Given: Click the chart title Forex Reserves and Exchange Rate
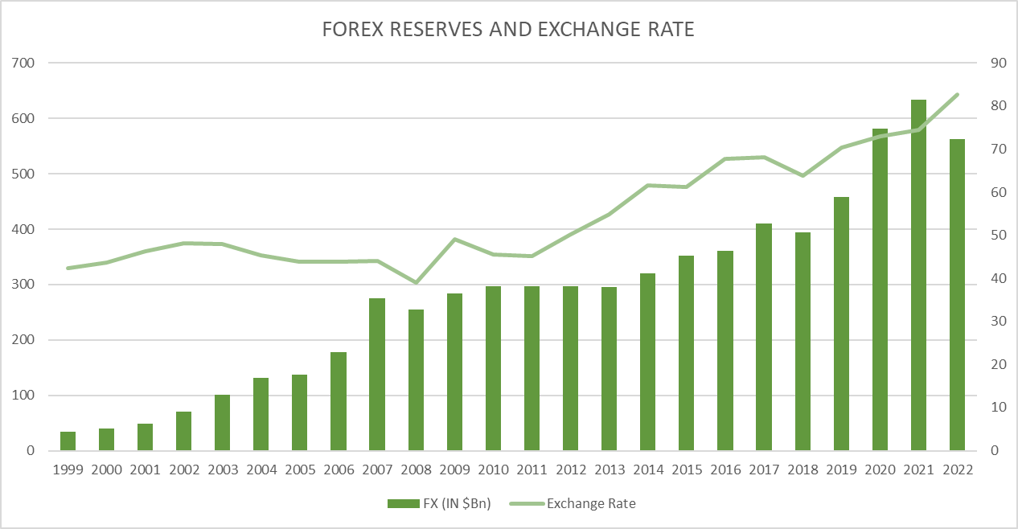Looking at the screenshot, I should pyautogui.click(x=508, y=30).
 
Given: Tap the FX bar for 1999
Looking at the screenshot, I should pyautogui.click(x=68, y=441).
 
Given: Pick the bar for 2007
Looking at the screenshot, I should pyautogui.click(x=377, y=375).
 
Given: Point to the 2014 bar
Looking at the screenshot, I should pyautogui.click(x=647, y=362).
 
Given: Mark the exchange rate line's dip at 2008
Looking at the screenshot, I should pyautogui.click(x=416, y=282).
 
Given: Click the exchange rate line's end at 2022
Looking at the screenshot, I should pyautogui.click(x=957, y=95).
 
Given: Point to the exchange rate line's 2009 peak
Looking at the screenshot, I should pyautogui.click(x=454, y=239).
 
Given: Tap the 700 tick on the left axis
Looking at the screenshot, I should pyautogui.click(x=25, y=63).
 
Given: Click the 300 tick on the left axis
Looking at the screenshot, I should pyautogui.click(x=25, y=285).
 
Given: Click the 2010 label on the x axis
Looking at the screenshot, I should pyautogui.click(x=493, y=470).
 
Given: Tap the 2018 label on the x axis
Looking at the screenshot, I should pyautogui.click(x=802, y=470).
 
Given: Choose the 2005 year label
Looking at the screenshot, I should pyautogui.click(x=299, y=470).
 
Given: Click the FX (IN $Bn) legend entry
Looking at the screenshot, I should pyautogui.click(x=438, y=503).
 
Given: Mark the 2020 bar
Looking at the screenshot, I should pyautogui.click(x=880, y=289).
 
